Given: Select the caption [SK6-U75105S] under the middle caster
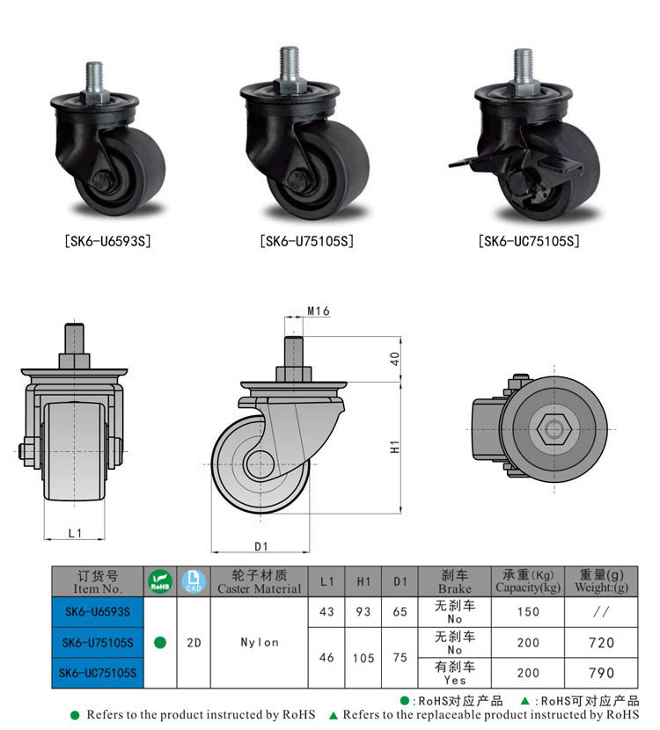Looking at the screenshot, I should click(x=307, y=240).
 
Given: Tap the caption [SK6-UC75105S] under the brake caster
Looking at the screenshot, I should click(x=529, y=240).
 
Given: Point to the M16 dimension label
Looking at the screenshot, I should click(x=318, y=310).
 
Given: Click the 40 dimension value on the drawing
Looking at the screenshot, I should click(x=395, y=359).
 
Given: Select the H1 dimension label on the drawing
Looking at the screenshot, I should click(x=396, y=446).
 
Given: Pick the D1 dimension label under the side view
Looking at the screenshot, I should click(x=260, y=546).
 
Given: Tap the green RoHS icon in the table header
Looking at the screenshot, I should click(x=160, y=581).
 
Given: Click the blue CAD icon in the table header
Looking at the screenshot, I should click(x=194, y=581).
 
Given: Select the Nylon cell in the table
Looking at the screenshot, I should click(x=259, y=642).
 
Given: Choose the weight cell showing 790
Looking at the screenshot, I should click(x=601, y=673).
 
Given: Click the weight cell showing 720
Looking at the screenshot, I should click(x=601, y=643).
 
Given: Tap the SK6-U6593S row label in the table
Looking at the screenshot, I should click(x=97, y=612).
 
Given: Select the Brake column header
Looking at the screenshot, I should click(x=454, y=581).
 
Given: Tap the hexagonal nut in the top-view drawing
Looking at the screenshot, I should click(x=552, y=429).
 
